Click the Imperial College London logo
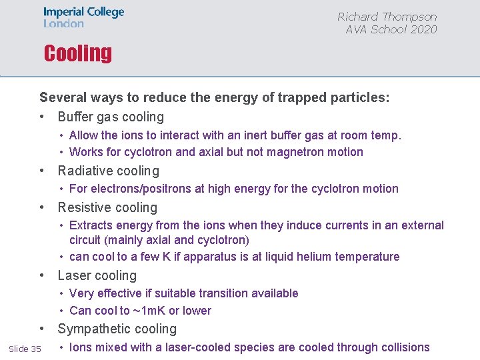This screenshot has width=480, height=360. pyautogui.click(x=83, y=18)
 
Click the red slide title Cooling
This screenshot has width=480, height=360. pyautogui.click(x=77, y=53)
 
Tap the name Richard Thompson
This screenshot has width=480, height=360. pyautogui.click(x=387, y=17)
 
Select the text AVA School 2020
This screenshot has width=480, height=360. pyautogui.click(x=391, y=29)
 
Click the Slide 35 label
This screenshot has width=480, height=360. pyautogui.click(x=25, y=349)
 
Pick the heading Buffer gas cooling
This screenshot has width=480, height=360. pyautogui.click(x=111, y=117)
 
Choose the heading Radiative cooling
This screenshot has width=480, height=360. pyautogui.click(x=109, y=171)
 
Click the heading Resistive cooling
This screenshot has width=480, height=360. pyautogui.click(x=107, y=207)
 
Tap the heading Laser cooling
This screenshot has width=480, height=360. pyautogui.click(x=97, y=275)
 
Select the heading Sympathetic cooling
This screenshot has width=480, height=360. pyautogui.click(x=117, y=329)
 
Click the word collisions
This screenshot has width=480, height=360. pyautogui.click(x=402, y=347)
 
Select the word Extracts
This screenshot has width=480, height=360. pyautogui.click(x=91, y=225)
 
